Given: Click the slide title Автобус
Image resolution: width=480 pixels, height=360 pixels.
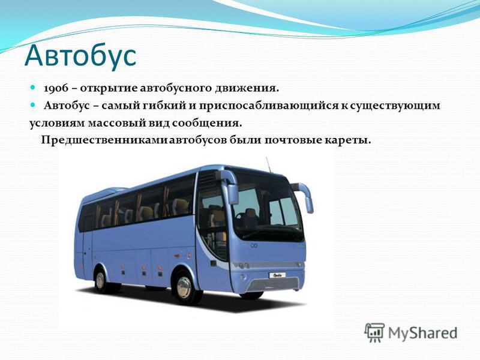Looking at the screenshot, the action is click(x=80, y=55).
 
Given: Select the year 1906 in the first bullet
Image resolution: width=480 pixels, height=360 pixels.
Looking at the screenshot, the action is click(x=56, y=88).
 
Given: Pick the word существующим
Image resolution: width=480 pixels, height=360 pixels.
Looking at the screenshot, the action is click(x=395, y=106).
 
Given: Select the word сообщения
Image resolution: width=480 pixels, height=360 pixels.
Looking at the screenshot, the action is click(x=206, y=124).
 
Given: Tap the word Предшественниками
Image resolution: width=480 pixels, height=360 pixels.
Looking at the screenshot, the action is click(x=104, y=140).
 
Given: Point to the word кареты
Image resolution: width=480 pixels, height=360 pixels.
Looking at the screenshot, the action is click(x=347, y=141).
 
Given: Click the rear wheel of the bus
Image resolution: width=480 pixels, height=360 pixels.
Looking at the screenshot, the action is click(x=100, y=281).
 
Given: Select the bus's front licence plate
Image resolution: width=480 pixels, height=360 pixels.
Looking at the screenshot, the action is click(x=277, y=275).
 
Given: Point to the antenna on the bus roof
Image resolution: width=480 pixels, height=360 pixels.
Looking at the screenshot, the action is click(x=268, y=164).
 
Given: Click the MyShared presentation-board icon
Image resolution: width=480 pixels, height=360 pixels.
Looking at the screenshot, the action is click(x=374, y=332).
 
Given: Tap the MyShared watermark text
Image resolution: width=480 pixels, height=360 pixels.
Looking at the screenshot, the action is click(x=422, y=333).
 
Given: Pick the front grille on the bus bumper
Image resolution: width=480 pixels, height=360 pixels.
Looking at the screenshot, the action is click(x=273, y=284).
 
